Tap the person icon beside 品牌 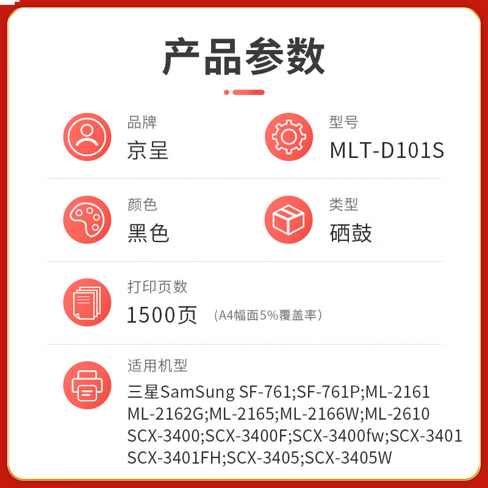coord(87,137)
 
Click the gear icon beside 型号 coord(289,137)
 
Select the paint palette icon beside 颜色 coord(87,220)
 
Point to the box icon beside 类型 coord(289,220)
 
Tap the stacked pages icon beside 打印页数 coord(87,303)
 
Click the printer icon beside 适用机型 coord(87,385)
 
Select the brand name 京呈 coord(148,151)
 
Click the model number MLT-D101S coord(387,151)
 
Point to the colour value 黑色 coord(148,233)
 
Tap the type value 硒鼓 coord(351,233)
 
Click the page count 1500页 coord(162,315)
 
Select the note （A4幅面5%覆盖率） coord(268,315)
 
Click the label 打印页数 coord(157,287)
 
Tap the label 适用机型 coord(157,365)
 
